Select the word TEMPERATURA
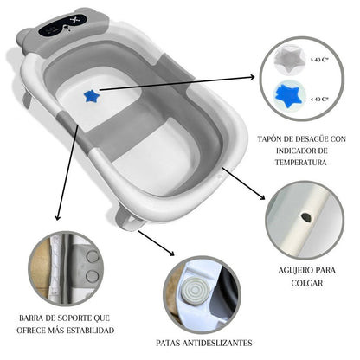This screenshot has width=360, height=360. click(x=302, y=162)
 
